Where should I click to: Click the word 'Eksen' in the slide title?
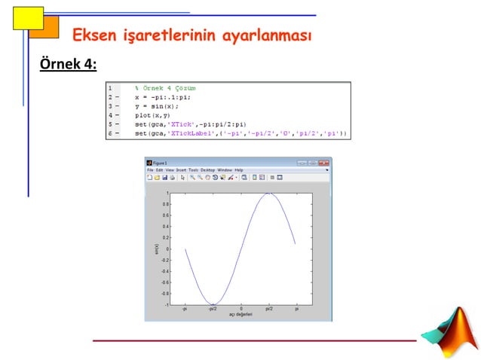(x=93, y=35)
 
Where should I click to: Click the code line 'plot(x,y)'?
(x=152, y=115)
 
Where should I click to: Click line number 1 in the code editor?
(x=110, y=88)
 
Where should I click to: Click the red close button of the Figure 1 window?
(x=324, y=162)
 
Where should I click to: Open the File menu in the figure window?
(x=150, y=170)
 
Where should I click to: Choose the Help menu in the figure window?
(x=239, y=170)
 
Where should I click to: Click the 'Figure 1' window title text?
(x=161, y=162)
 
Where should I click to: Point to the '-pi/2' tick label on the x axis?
(x=213, y=309)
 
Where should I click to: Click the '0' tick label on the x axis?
(x=241, y=309)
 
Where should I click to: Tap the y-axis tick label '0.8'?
(x=165, y=205)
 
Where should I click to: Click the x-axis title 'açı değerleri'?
(x=241, y=315)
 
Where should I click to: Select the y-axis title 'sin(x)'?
(x=156, y=249)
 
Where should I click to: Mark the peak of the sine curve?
(x=268, y=194)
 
